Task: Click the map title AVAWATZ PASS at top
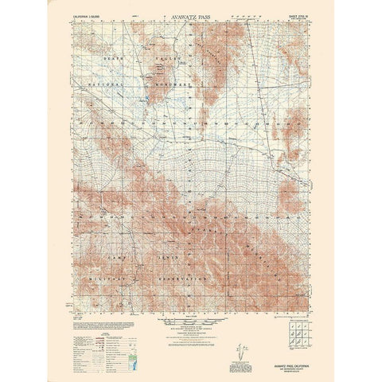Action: click(x=190, y=14)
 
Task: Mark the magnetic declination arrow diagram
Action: click(x=240, y=327)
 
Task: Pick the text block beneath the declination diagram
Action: click(x=240, y=344)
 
